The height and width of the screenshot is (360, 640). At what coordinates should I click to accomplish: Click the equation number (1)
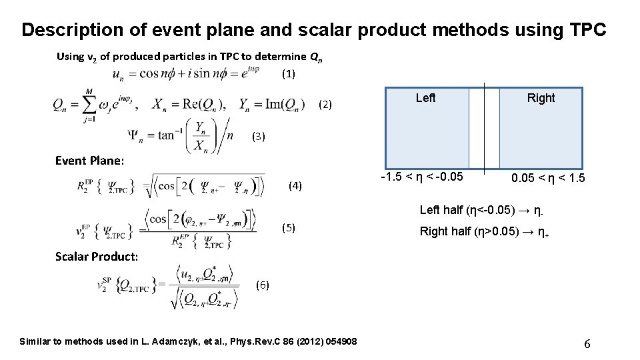click(288, 74)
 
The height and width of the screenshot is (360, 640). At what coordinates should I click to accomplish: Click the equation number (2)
click(325, 104)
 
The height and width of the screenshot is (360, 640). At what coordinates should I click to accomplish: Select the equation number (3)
click(258, 137)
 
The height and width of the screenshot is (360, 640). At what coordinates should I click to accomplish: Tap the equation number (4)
click(295, 185)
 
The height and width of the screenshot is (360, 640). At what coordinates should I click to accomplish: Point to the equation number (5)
click(288, 227)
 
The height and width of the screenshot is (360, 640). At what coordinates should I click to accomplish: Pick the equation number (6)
click(262, 285)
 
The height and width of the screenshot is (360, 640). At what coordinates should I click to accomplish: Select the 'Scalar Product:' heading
click(97, 257)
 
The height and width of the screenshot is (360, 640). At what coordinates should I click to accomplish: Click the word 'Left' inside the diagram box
click(425, 98)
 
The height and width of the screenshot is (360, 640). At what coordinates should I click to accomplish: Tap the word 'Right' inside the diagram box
click(541, 98)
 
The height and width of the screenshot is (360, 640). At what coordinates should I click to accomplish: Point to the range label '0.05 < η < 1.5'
click(548, 178)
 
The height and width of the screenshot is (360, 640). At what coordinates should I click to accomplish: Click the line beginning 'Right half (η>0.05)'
click(484, 233)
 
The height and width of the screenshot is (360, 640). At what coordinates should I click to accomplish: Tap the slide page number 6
click(587, 344)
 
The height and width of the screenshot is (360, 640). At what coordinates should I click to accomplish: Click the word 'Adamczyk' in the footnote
click(175, 342)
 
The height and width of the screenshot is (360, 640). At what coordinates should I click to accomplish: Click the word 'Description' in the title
click(73, 30)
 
